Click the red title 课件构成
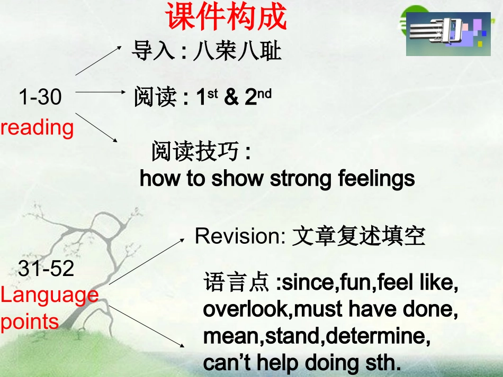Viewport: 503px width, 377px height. tap(227, 17)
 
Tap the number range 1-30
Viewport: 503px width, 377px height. tap(40, 97)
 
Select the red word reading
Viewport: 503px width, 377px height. tap(37, 127)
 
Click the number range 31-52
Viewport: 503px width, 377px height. tap(46, 269)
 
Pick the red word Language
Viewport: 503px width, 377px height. tap(49, 295)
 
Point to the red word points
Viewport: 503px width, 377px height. tap(30, 321)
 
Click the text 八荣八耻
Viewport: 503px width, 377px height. tap(237, 52)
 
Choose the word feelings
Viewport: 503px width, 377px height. tap(376, 179)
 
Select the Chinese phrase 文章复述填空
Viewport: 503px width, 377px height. tap(358, 236)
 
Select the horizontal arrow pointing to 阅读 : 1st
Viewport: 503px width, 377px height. tap(101, 91)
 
